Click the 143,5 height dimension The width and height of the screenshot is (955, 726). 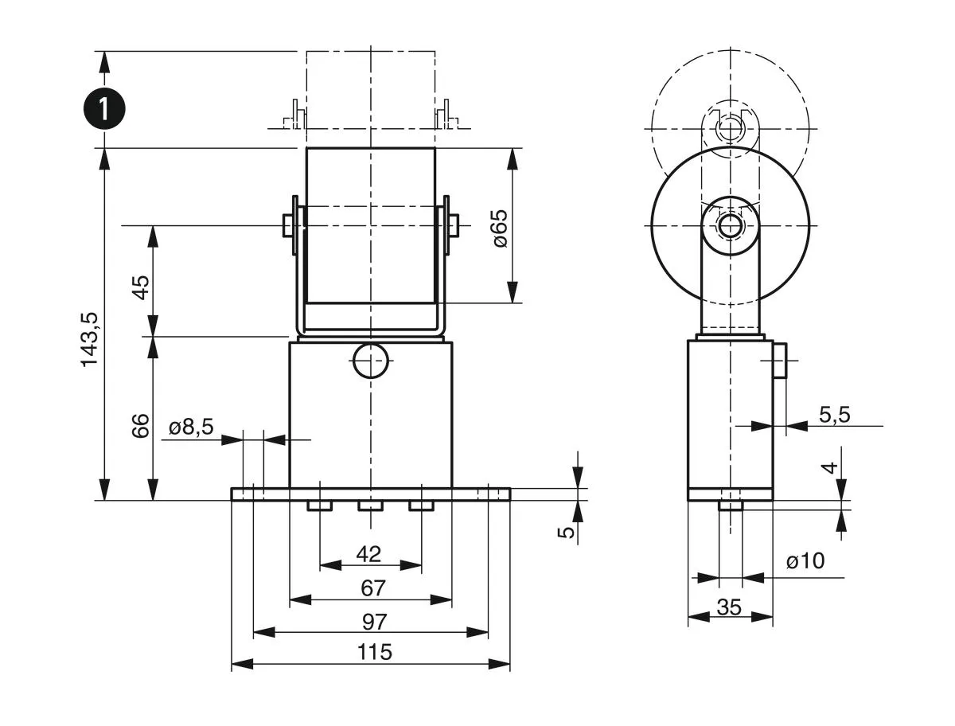tap(90, 338)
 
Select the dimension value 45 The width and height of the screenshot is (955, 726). tap(140, 287)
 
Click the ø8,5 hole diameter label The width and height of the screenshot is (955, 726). tap(191, 427)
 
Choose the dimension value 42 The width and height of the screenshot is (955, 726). tap(369, 553)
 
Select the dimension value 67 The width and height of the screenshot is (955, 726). tap(372, 588)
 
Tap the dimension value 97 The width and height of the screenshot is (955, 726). tap(372, 620)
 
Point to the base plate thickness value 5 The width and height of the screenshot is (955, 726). tap(566, 532)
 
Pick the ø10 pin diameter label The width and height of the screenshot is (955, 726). tap(805, 562)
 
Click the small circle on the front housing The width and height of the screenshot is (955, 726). tap(371, 361)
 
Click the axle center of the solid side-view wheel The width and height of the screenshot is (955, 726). tap(730, 226)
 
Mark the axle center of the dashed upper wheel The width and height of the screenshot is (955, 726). tap(730, 127)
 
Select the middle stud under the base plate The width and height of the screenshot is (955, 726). tap(370, 505)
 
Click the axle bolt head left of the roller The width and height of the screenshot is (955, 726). tap(288, 225)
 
